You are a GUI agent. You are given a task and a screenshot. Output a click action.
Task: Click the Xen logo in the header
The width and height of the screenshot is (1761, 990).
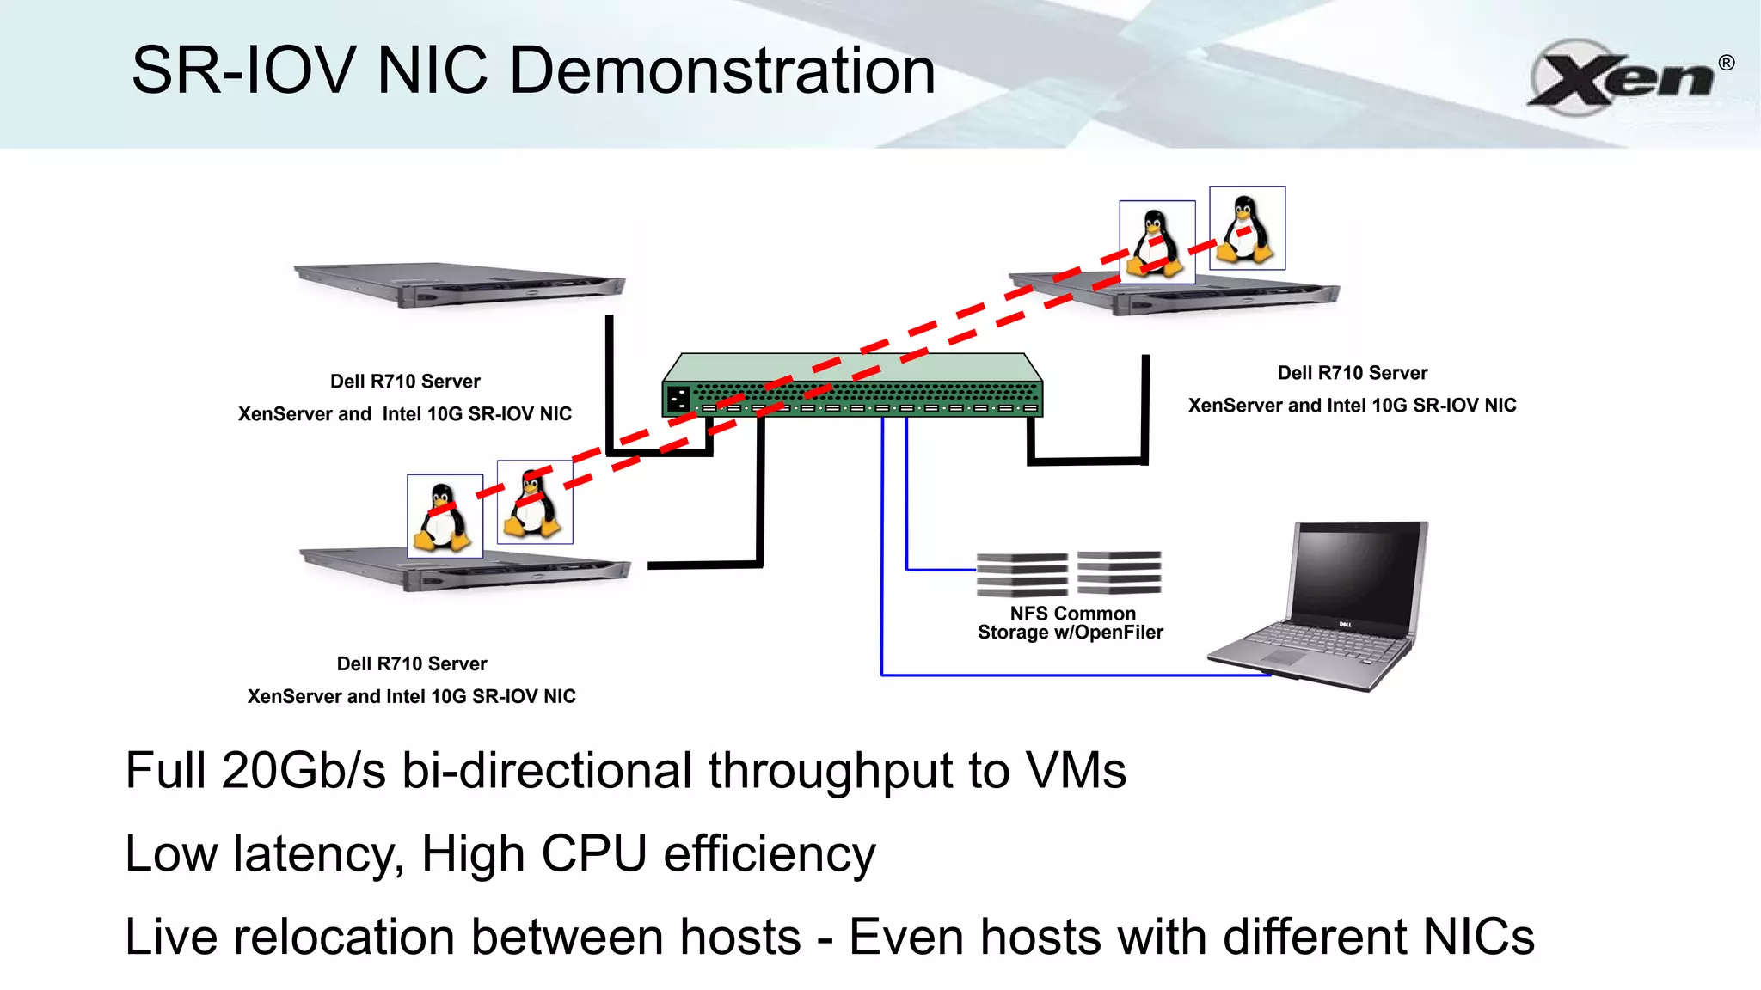1621,77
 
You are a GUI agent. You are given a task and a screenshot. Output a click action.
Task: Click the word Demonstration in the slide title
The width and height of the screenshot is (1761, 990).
722,70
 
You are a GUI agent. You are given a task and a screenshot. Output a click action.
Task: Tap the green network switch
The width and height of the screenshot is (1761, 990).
852,386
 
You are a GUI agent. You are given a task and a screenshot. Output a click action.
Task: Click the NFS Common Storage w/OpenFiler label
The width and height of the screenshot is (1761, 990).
1071,623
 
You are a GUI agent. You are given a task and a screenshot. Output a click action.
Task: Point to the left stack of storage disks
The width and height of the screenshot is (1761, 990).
1022,574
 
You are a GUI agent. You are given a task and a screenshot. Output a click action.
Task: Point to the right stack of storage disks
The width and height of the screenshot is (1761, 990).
1119,572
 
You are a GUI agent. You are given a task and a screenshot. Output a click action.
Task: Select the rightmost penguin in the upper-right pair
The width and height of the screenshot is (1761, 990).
1247,229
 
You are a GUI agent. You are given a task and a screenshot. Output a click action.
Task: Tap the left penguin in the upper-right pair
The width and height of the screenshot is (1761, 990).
1157,242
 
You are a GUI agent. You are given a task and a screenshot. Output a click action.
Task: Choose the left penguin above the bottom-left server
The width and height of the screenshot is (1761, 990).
444,516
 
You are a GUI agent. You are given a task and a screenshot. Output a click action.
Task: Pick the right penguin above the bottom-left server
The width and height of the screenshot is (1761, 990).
534,502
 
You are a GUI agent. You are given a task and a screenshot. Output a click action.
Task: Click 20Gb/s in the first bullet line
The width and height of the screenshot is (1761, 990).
304,770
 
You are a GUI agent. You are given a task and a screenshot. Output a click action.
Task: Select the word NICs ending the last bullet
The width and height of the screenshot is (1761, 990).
1478,937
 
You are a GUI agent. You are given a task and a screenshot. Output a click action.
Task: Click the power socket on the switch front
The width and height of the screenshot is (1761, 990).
678,399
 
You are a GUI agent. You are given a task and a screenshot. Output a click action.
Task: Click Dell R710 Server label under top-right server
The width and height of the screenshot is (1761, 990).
1352,373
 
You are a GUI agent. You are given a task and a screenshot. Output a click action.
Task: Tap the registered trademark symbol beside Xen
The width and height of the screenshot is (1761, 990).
1726,63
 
